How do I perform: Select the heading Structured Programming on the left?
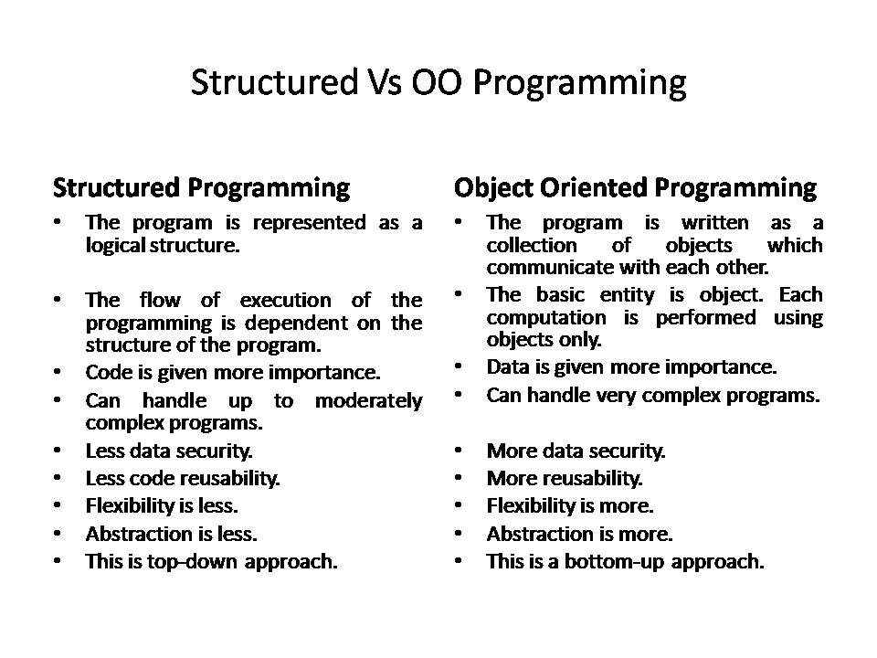(201, 188)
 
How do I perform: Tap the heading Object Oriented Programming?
(635, 188)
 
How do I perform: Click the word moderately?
(368, 400)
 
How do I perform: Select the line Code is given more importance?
(233, 373)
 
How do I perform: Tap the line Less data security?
(169, 451)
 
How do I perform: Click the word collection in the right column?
(532, 245)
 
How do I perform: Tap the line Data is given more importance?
(631, 367)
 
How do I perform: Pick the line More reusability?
(565, 478)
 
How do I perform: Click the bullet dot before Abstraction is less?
(58, 534)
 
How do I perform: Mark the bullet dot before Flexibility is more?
(459, 506)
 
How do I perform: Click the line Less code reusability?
(183, 478)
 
